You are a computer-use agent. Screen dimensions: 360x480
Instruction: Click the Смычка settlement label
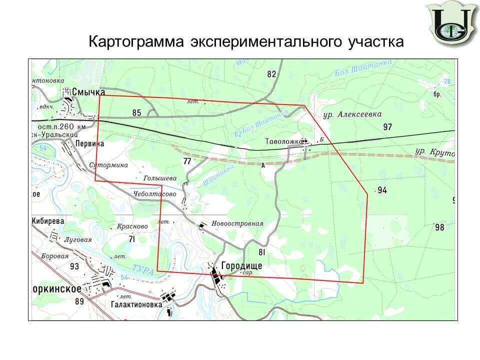[88, 92]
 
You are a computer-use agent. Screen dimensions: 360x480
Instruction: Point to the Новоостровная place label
[237, 223]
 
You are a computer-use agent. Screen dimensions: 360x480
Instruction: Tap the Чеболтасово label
[155, 193]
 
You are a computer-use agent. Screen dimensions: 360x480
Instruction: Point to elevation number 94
[382, 190]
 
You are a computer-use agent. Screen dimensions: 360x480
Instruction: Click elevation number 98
[439, 227]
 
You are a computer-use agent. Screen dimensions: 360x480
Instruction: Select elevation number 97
[387, 127]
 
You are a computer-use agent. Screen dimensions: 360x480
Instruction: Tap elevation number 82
[271, 74]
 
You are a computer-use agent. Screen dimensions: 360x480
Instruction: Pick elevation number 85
[137, 112]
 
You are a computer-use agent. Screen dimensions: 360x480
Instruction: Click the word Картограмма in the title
[136, 42]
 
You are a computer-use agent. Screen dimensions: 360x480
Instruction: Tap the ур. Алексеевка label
[352, 114]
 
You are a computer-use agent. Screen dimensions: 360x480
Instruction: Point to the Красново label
[132, 226]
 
